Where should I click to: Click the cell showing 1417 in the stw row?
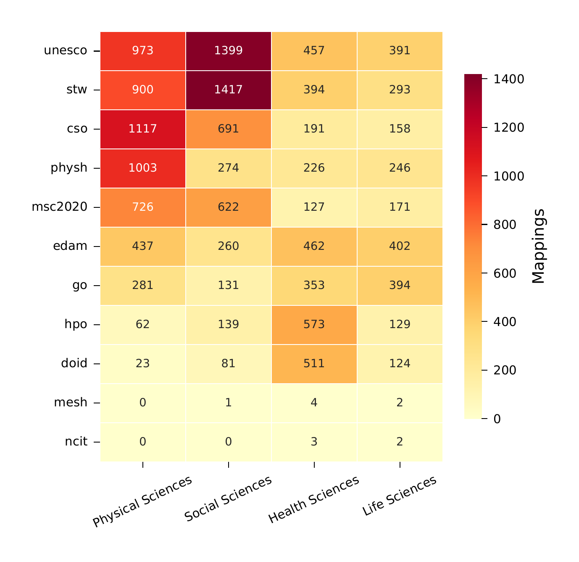coord(228,90)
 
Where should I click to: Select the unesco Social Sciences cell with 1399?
coord(228,50)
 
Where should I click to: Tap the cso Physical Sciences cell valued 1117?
coord(143,129)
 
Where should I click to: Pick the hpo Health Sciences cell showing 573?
coord(314,324)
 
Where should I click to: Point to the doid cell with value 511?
coord(314,363)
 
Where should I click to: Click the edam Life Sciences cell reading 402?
coord(400,246)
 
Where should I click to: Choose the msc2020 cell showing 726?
coord(143,207)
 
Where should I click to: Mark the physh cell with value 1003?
coord(143,168)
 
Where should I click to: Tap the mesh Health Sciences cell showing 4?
coord(314,403)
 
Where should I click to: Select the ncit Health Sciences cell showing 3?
coord(314,442)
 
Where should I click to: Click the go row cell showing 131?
coord(228,285)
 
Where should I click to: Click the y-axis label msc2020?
coord(60,207)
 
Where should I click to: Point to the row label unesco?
coord(66,50)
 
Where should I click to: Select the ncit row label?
coord(76,442)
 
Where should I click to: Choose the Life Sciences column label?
coord(399,496)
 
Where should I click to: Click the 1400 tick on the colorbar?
coord(508,79)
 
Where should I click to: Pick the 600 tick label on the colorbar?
coord(505,273)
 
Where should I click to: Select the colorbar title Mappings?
coord(538,246)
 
